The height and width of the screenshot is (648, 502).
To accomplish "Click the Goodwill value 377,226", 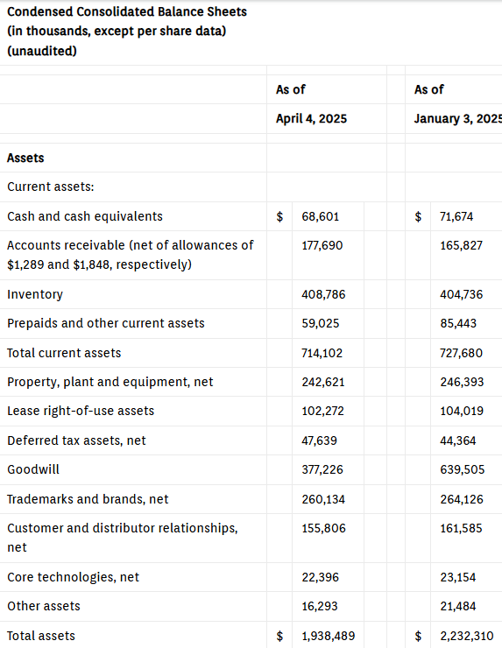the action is [x=322, y=469].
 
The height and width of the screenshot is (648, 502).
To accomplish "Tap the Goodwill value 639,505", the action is [x=462, y=469].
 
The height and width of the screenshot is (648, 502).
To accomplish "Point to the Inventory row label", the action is [x=35, y=294].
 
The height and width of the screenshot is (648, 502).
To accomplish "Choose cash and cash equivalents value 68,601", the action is [x=321, y=216].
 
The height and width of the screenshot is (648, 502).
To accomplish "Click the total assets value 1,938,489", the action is [x=329, y=636].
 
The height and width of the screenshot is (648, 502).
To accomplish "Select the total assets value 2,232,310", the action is [x=467, y=636].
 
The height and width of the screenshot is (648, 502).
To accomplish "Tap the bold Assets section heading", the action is [x=25, y=158].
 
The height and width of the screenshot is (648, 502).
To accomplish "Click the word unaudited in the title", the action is [x=42, y=51].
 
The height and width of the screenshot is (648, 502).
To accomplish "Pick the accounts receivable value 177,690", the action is [x=322, y=245].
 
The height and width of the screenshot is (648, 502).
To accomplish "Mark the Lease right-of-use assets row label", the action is [x=81, y=411].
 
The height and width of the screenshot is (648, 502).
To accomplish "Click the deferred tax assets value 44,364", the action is [x=457, y=440].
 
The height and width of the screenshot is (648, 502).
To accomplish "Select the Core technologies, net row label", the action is [x=74, y=577].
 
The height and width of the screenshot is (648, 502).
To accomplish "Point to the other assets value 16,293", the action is [x=320, y=606].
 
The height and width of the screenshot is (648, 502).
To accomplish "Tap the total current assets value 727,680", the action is [x=461, y=353].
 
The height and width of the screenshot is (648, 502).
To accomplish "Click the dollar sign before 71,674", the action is [x=419, y=216].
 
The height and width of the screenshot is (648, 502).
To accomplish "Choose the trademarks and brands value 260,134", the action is [x=323, y=499].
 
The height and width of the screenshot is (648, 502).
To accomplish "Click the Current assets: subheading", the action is [x=51, y=187].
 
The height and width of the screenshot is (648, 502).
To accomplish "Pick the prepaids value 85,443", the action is [x=458, y=323].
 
